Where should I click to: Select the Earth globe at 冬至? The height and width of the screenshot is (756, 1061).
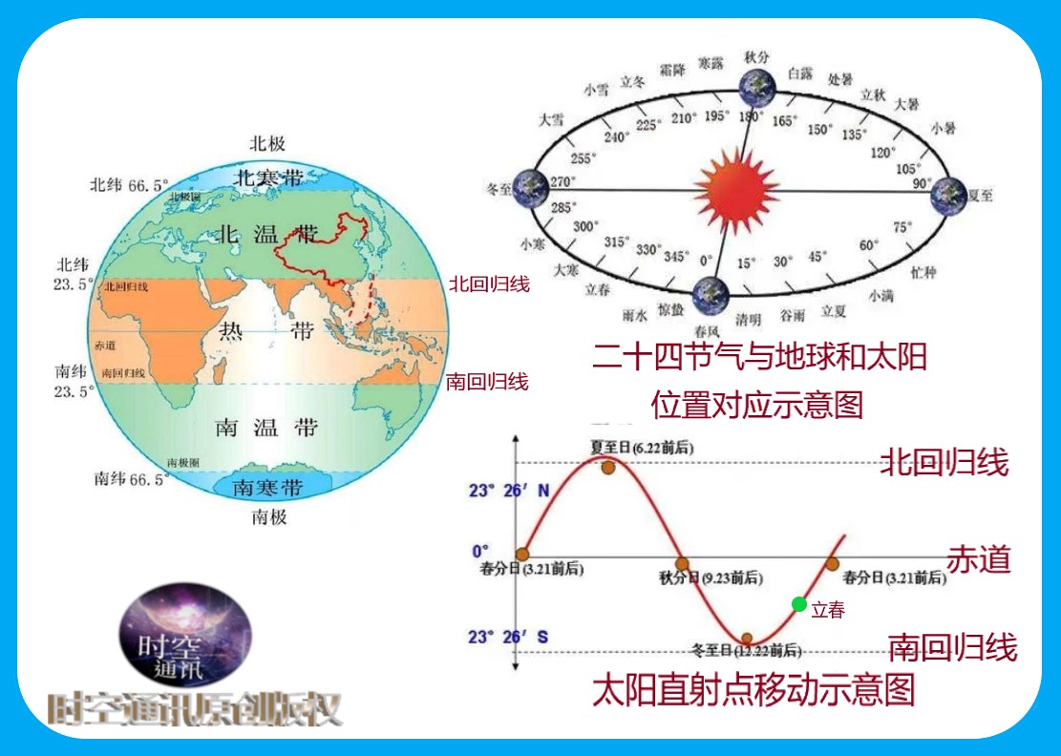point(529,188)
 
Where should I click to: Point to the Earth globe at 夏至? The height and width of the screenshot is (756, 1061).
point(948,195)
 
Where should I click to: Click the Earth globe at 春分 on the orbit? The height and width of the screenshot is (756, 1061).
point(710,294)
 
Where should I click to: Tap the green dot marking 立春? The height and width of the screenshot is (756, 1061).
point(798,603)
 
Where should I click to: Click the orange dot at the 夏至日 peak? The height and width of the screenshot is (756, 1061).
point(607,466)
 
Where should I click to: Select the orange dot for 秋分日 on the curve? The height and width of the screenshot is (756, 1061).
point(682,564)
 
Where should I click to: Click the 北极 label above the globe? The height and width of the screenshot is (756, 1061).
point(267,144)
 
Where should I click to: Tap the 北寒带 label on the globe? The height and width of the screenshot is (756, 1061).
point(268,178)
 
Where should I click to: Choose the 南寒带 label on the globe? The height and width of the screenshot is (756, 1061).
point(268,488)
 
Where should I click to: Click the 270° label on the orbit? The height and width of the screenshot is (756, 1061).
point(562,180)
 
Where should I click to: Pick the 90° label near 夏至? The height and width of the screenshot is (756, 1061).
point(922,183)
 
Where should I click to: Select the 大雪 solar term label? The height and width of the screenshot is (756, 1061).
point(551,120)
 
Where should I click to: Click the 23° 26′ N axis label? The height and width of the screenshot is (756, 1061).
point(509,492)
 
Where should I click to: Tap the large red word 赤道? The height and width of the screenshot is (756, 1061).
point(978,558)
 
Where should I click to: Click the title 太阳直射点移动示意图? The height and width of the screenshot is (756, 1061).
point(753,689)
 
